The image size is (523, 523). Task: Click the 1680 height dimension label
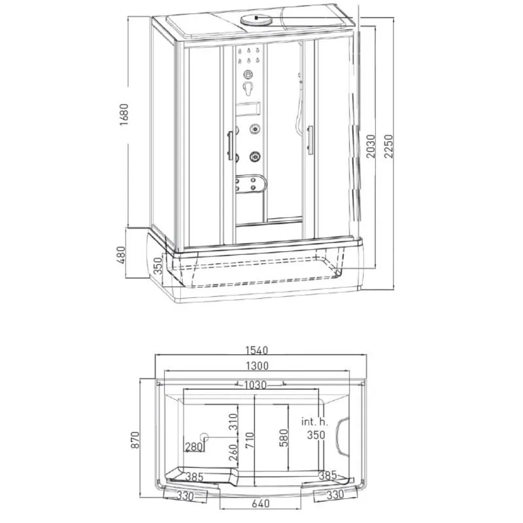pyautogui.click(x=124, y=114)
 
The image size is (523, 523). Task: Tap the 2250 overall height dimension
pyautogui.click(x=389, y=146)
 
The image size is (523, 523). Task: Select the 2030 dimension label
pyautogui.click(x=371, y=146)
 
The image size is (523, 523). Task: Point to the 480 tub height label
pyautogui.click(x=121, y=255)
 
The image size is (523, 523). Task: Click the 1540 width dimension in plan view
pyautogui.click(x=257, y=350)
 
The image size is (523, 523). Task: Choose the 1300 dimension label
pyautogui.click(x=257, y=366)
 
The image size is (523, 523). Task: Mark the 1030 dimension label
pyautogui.click(x=255, y=385)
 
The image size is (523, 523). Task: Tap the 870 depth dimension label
pyautogui.click(x=135, y=440)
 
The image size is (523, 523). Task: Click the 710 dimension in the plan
pyautogui.click(x=250, y=440)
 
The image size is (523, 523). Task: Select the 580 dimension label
pyautogui.click(x=283, y=438)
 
